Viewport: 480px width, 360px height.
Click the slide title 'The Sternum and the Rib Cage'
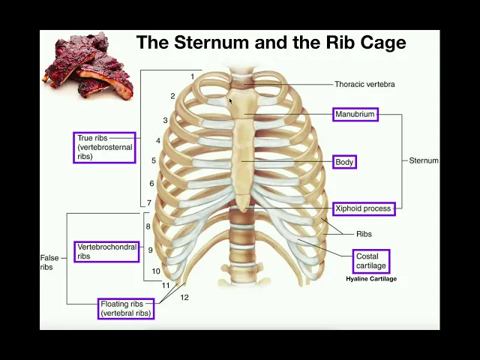pyautogui.click(x=271, y=43)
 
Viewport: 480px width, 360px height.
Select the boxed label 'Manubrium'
pyautogui.click(x=355, y=115)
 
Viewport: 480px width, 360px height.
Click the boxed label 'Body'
pyautogui.click(x=344, y=162)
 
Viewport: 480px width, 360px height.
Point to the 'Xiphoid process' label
pyautogui.click(x=364, y=208)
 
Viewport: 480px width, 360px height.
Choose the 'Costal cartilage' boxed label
pyautogui.click(x=372, y=261)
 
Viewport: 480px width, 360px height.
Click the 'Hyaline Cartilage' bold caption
pyautogui.click(x=371, y=279)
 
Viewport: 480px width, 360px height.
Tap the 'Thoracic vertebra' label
pyautogui.click(x=364, y=84)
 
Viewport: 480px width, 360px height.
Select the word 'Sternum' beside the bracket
pyautogui.click(x=424, y=160)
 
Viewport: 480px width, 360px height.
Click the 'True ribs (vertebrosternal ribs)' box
pyautogui.click(x=104, y=148)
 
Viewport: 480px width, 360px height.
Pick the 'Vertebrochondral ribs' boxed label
pyautogui.click(x=106, y=251)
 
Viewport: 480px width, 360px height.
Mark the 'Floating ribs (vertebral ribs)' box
pyautogui.click(x=125, y=308)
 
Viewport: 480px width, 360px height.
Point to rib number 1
pyautogui.click(x=192, y=76)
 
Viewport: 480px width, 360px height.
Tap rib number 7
pyautogui.click(x=149, y=203)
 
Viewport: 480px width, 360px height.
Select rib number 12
pyautogui.click(x=184, y=298)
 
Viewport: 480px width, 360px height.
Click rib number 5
pyautogui.click(x=154, y=160)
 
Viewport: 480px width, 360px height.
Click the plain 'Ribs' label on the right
pyautogui.click(x=364, y=234)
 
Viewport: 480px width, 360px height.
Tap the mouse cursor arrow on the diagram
pyautogui.click(x=231, y=100)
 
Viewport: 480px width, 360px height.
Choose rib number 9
pyautogui.click(x=150, y=250)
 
